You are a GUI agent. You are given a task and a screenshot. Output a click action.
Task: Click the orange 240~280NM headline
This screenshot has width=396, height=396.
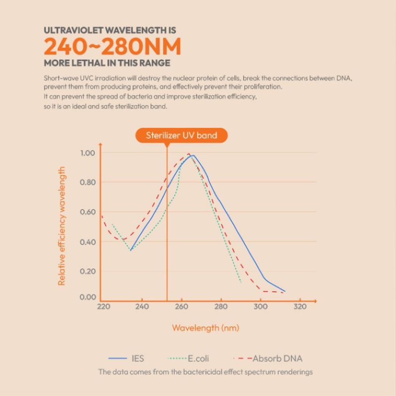click(x=113, y=46)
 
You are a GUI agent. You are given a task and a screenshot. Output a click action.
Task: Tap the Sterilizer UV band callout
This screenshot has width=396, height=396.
click(x=182, y=135)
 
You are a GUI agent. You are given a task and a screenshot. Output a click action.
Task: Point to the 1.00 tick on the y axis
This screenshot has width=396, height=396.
click(x=88, y=153)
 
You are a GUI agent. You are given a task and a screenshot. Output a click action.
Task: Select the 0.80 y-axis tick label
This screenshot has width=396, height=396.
click(x=88, y=182)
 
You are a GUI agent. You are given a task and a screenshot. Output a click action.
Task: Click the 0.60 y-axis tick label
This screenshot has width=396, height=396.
click(x=88, y=212)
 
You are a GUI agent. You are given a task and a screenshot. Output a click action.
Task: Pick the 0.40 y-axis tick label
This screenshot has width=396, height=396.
click(x=88, y=242)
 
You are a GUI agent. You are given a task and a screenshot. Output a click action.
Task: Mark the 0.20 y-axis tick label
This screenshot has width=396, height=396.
click(x=88, y=271)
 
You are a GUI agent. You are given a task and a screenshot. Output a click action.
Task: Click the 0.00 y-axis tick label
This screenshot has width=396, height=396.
click(x=88, y=297)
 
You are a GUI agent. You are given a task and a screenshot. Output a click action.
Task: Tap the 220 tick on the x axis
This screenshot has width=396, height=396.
click(x=104, y=307)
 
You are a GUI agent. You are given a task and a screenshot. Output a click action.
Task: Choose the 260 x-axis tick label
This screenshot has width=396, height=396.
click(x=182, y=307)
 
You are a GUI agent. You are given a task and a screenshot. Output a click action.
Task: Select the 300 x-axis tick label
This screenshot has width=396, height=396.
click(x=261, y=307)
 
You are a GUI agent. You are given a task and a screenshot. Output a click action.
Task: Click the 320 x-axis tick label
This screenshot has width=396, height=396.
click(x=300, y=307)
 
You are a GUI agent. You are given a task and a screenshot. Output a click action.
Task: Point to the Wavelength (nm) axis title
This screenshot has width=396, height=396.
click(x=206, y=328)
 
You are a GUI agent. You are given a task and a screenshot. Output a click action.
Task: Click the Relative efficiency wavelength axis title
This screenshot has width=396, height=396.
click(x=61, y=226)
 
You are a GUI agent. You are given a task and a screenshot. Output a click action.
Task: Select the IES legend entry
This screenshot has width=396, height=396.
click(x=126, y=358)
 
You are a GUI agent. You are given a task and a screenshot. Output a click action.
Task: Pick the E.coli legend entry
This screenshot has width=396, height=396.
click(x=188, y=358)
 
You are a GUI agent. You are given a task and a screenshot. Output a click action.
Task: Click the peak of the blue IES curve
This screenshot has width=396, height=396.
click(x=193, y=155)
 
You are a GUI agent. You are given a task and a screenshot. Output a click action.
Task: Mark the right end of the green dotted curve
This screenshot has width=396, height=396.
click(x=241, y=282)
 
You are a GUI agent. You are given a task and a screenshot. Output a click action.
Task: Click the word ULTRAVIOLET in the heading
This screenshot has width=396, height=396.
click(x=73, y=30)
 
